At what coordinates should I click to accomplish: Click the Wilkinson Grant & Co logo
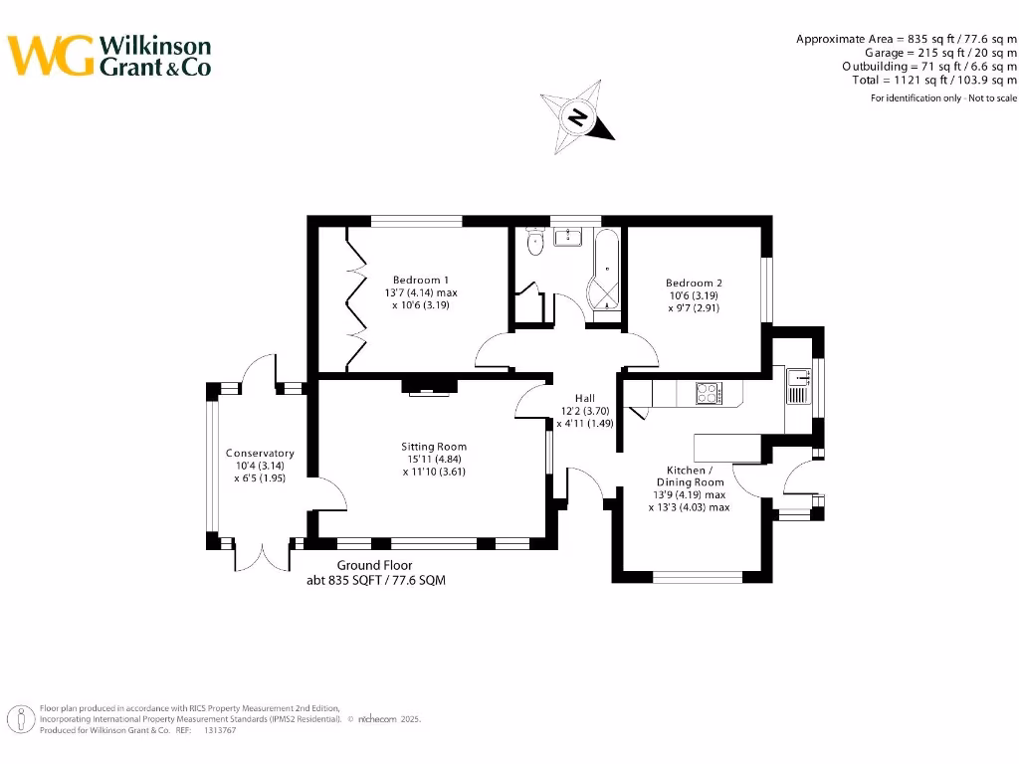(x=110, y=56)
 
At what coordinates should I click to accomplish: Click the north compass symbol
(x=578, y=118)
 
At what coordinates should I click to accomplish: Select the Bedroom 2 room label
(x=693, y=283)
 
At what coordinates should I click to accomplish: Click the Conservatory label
(x=259, y=453)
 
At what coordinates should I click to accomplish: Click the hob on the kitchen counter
(x=708, y=394)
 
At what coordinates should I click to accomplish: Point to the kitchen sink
(x=796, y=386)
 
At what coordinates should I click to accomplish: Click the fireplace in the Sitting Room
(x=429, y=386)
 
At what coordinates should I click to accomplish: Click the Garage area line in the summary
(x=940, y=52)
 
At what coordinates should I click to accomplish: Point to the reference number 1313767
(x=221, y=730)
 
